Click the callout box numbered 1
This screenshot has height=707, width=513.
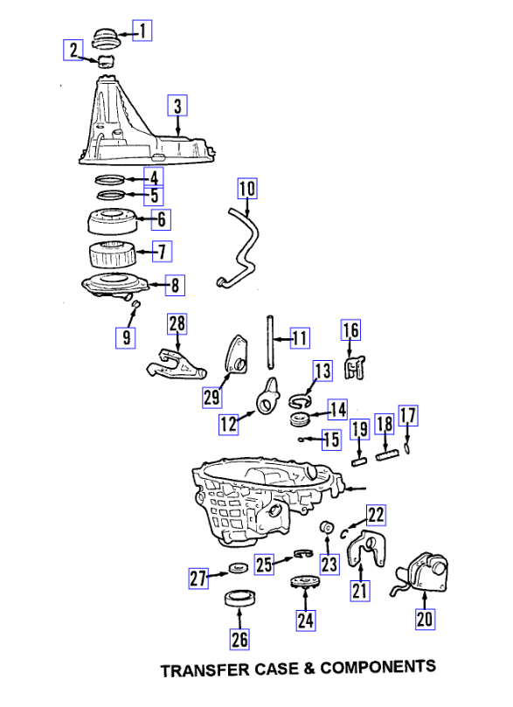142,31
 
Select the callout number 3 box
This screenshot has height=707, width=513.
177,107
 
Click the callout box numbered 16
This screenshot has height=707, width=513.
350,330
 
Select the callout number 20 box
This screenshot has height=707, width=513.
425,620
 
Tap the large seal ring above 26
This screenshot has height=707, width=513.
237,599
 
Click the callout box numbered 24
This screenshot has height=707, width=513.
305,620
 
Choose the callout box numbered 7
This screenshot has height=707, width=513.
162,252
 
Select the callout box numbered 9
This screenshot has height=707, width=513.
127,336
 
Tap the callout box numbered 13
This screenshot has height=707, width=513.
322,371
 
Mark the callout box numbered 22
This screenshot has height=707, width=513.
375,514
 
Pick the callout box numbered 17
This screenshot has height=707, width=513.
407,416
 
